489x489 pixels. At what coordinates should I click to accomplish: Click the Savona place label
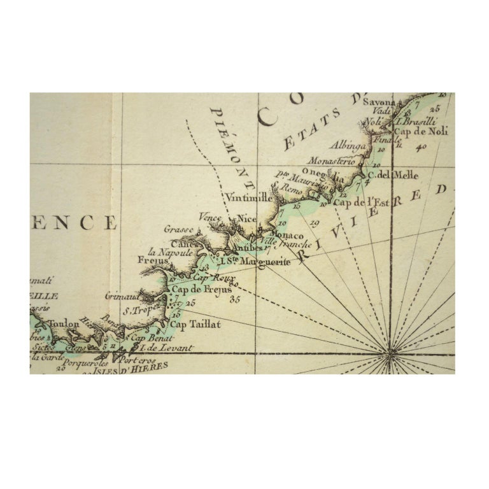click(x=379, y=102)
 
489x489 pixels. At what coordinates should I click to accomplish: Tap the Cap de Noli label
click(x=421, y=132)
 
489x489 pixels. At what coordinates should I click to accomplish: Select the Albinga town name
click(x=348, y=146)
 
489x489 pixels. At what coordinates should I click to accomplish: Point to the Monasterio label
click(x=331, y=161)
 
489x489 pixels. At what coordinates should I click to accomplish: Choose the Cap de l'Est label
click(x=362, y=203)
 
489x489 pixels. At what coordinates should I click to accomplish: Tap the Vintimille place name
click(x=248, y=198)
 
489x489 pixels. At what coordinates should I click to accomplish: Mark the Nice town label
click(x=246, y=218)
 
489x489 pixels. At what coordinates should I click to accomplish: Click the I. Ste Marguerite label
click(x=255, y=261)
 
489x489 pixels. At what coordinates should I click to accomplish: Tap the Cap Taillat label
click(x=195, y=324)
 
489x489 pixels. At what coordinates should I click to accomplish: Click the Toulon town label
click(x=64, y=323)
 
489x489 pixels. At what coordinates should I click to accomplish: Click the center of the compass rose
click(x=390, y=350)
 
